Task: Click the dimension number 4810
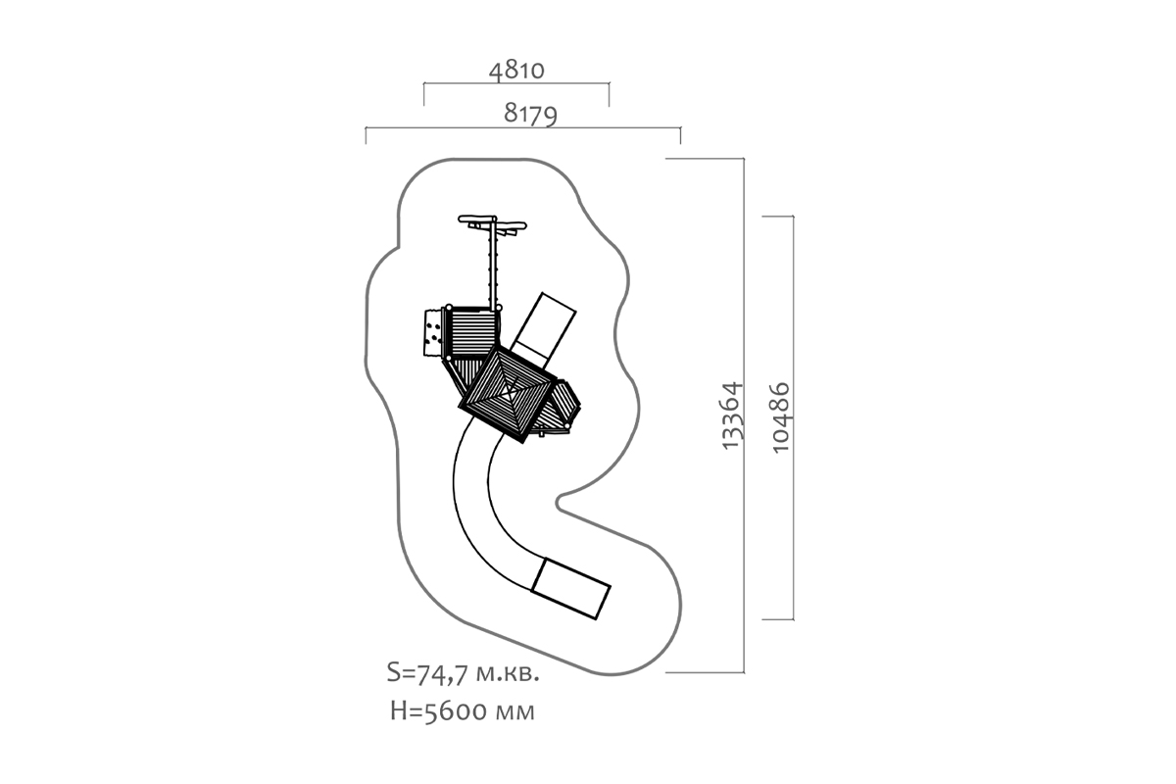(516, 71)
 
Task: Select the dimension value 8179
(530, 114)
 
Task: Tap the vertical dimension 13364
(733, 416)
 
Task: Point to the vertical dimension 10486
(781, 417)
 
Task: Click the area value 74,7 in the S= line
(441, 674)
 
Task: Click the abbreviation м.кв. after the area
(508, 674)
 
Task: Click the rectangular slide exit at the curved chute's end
(570, 589)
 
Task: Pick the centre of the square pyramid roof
(508, 394)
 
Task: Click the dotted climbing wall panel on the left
(432, 333)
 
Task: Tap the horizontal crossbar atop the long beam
(492, 222)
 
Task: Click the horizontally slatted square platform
(472, 333)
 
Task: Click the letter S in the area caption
(393, 672)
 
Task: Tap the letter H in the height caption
(399, 711)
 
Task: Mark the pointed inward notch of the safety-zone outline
(557, 503)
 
